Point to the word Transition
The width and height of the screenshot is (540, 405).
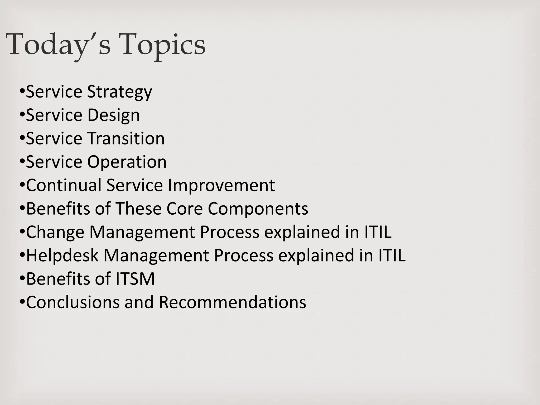pos(126,138)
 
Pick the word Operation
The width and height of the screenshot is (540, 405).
pos(127,162)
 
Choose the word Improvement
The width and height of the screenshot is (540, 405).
pos(221,185)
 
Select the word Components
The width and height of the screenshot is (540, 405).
pos(258,209)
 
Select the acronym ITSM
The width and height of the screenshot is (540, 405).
pos(135,279)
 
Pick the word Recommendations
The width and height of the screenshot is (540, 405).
pos(232,302)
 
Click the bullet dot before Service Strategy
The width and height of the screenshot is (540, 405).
pos(22,92)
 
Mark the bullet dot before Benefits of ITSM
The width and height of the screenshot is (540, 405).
pos(22,279)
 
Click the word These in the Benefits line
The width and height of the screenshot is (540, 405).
pos(138,209)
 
